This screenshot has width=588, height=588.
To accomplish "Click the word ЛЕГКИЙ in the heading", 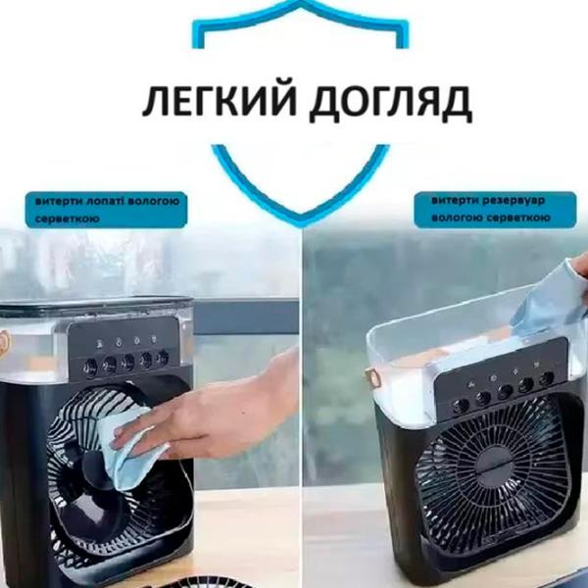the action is pos(220,102).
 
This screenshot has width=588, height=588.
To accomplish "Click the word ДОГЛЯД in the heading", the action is pos(391,103).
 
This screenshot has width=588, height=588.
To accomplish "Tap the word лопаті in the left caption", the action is pos(106,201).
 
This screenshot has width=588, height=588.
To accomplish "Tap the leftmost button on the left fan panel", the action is pos(90,366).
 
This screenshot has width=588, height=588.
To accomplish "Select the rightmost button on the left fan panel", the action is pos(163,357).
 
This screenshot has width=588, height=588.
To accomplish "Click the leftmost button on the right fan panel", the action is pos(461,406).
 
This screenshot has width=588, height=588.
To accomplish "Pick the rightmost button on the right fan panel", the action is pos(547,378).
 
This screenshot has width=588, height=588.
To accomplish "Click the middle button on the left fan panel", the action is pos(127,361).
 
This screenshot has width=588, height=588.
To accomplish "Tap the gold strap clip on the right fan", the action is pos(371,378).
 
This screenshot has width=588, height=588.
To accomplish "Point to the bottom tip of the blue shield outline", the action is pos(301,224).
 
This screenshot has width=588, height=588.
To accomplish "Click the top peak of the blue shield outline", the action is pos(301,2).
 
